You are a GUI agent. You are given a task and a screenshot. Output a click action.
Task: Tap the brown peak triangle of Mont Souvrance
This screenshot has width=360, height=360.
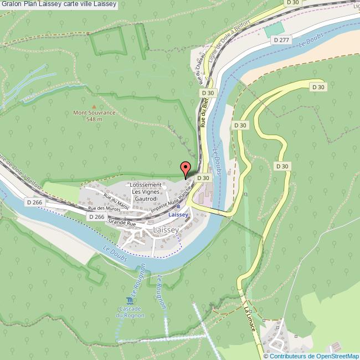(94, 106)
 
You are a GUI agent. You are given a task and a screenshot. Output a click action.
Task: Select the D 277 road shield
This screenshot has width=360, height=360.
(282, 40)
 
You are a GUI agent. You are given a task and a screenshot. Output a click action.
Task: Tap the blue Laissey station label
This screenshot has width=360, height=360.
(178, 214)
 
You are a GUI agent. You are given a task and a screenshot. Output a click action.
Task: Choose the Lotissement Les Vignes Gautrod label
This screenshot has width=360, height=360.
(146, 191)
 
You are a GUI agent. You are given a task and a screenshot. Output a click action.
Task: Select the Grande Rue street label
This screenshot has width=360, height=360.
(122, 223)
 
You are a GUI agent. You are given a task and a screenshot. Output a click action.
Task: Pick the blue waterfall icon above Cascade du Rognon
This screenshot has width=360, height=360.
(129, 300)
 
